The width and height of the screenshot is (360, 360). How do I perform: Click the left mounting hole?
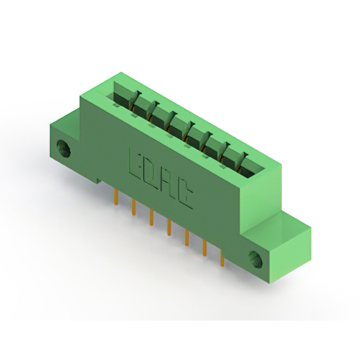64,148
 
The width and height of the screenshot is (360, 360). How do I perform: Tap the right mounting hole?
255,259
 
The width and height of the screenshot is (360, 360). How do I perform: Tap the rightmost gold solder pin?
222,259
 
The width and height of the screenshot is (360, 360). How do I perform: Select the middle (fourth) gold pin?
169,228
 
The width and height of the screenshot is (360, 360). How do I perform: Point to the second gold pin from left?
133,207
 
